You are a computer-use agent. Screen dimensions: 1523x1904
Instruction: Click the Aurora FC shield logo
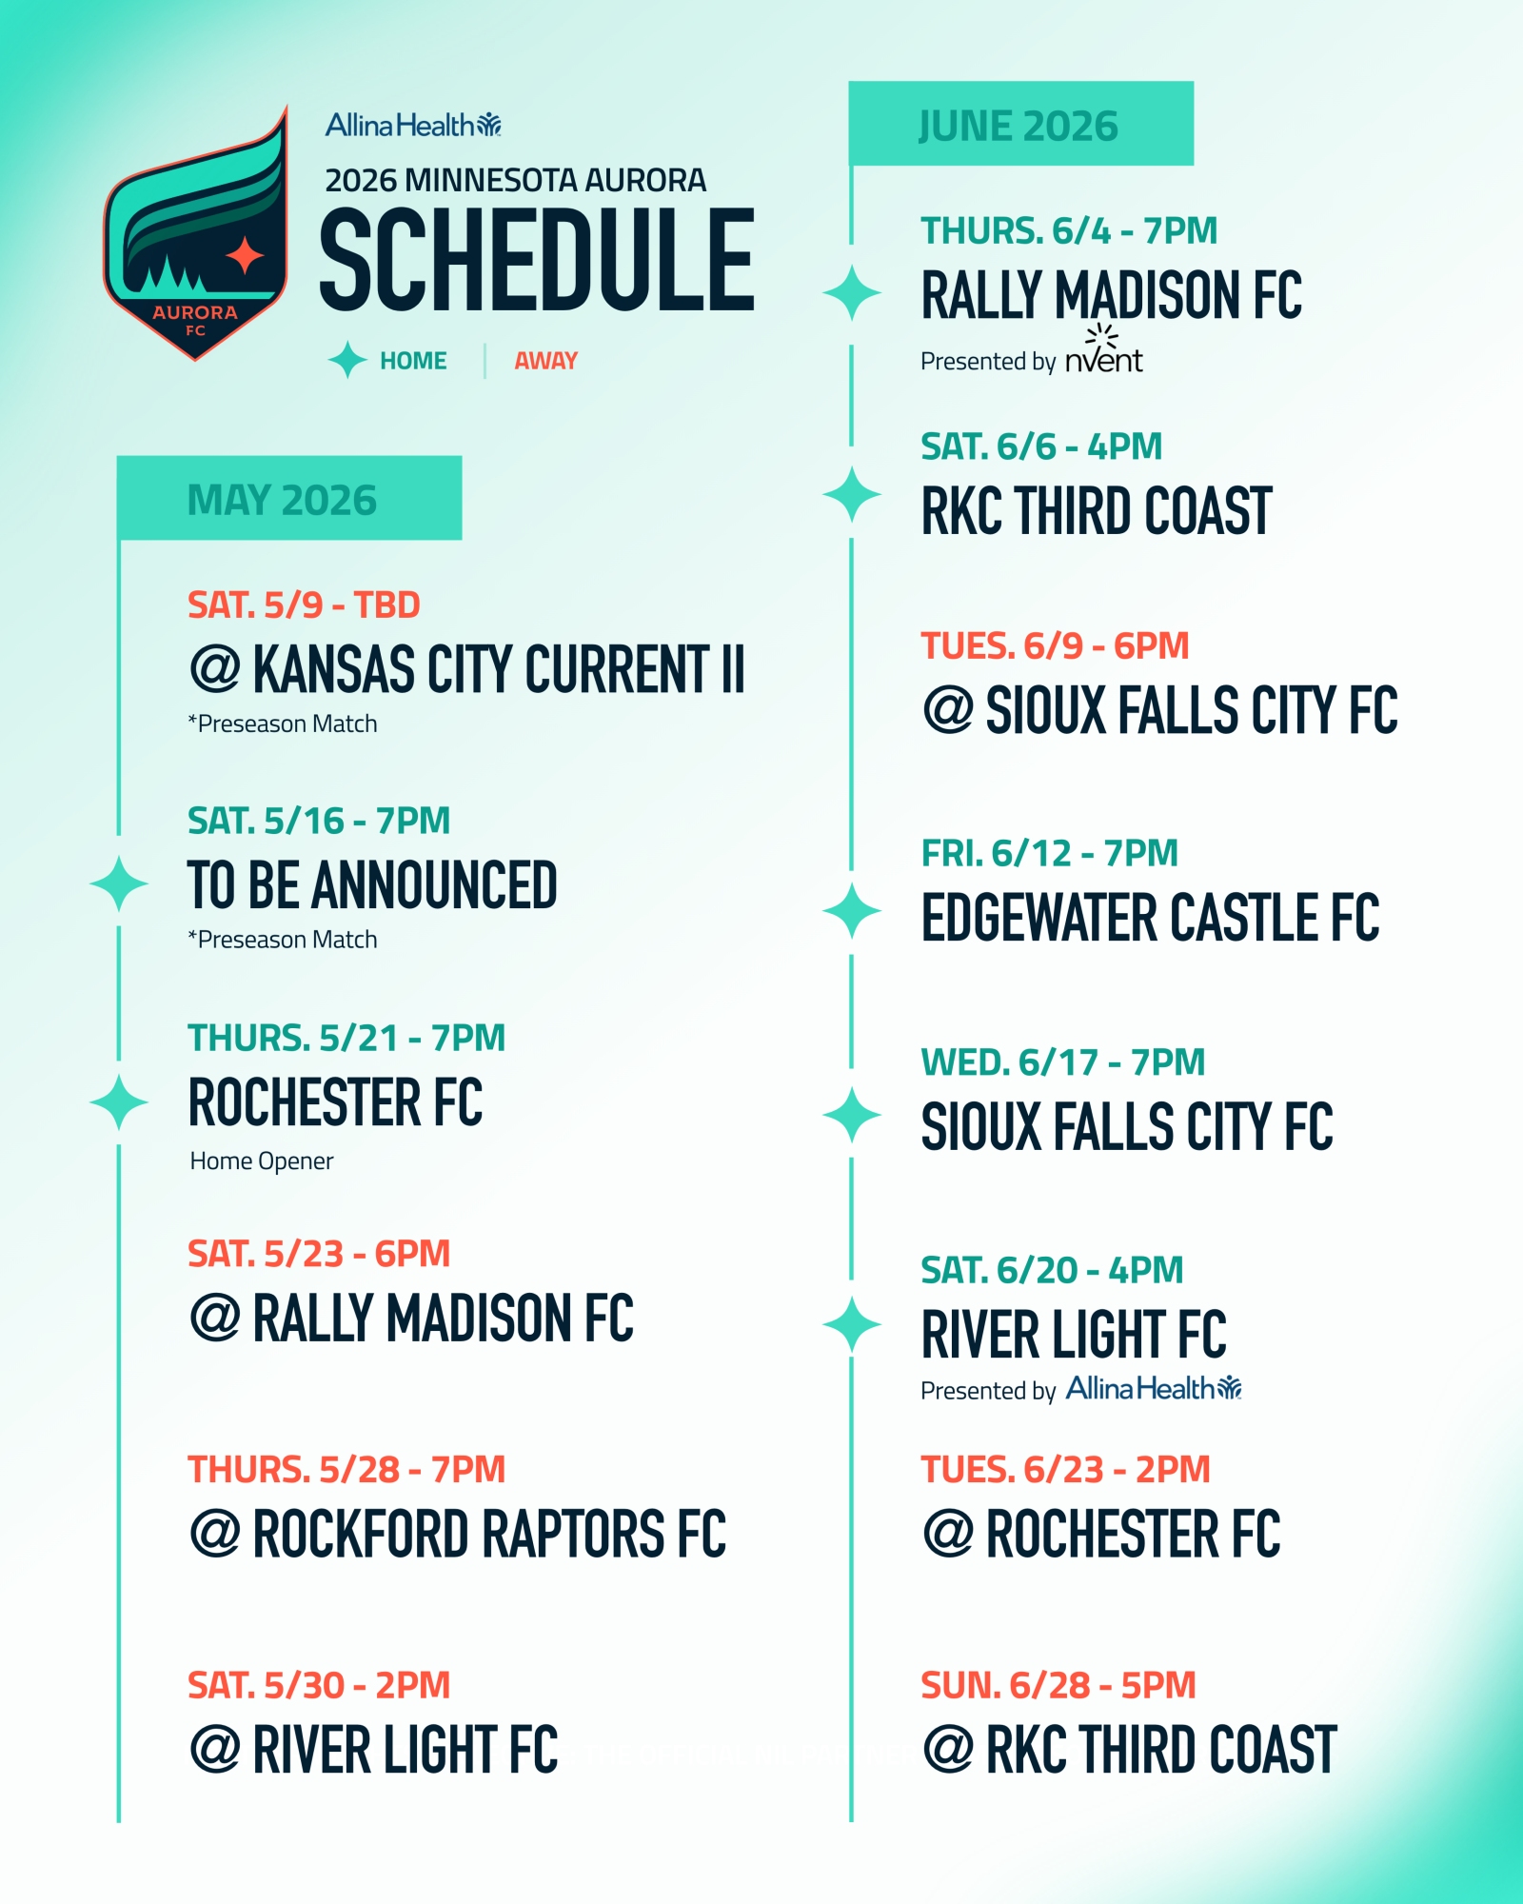[x=195, y=233]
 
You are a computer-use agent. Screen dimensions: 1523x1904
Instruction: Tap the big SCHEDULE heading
[x=537, y=260]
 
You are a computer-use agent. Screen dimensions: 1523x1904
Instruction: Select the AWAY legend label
[x=546, y=361]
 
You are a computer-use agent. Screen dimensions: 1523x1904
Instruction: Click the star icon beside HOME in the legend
[x=347, y=360]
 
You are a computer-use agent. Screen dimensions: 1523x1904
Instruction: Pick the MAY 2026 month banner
[x=289, y=498]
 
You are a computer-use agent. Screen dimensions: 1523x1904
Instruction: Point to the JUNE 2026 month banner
[x=1021, y=124]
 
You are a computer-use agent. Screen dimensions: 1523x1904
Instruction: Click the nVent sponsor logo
[x=1104, y=350]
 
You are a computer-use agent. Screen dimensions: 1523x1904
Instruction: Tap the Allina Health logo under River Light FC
[x=1154, y=1389]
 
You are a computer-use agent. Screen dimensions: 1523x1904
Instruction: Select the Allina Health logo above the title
[x=413, y=125]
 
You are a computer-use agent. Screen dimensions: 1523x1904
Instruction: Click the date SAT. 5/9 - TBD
[x=304, y=605]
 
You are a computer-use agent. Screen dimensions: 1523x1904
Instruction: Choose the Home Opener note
[x=262, y=1161]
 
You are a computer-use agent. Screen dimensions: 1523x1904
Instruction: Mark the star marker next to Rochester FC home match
[x=119, y=1102]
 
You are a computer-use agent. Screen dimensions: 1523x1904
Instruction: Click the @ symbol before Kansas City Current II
[x=215, y=668]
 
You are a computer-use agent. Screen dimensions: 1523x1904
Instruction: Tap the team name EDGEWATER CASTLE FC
[x=1150, y=918]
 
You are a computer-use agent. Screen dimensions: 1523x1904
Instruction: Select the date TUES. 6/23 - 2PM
[x=1065, y=1470]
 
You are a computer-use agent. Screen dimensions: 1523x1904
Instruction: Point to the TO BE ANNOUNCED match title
[x=372, y=885]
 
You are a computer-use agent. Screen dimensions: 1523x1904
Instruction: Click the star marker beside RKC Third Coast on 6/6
[x=852, y=495]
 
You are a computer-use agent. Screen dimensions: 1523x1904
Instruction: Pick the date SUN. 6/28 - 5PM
[x=1058, y=1686]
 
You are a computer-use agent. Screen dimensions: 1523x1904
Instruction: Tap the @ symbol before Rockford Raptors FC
[x=215, y=1534]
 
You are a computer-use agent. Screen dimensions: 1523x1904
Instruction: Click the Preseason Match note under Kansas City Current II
[x=283, y=724]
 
